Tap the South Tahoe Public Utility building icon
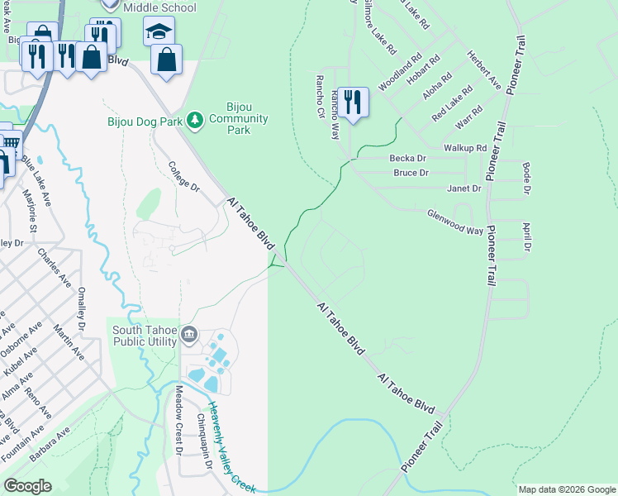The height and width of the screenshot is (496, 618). coord(189,335)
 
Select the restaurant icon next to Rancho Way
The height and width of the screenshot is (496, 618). coord(353,103)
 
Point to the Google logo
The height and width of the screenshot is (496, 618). coord(27,486)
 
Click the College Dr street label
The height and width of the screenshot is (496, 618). coord(183,176)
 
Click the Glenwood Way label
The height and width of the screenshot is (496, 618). coord(454,221)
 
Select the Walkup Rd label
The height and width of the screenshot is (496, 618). coord(465,147)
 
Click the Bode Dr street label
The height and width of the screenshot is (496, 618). coord(526,179)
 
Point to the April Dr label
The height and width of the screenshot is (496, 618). coord(525,236)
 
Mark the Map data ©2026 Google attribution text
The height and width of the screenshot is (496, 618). coord(566,489)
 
